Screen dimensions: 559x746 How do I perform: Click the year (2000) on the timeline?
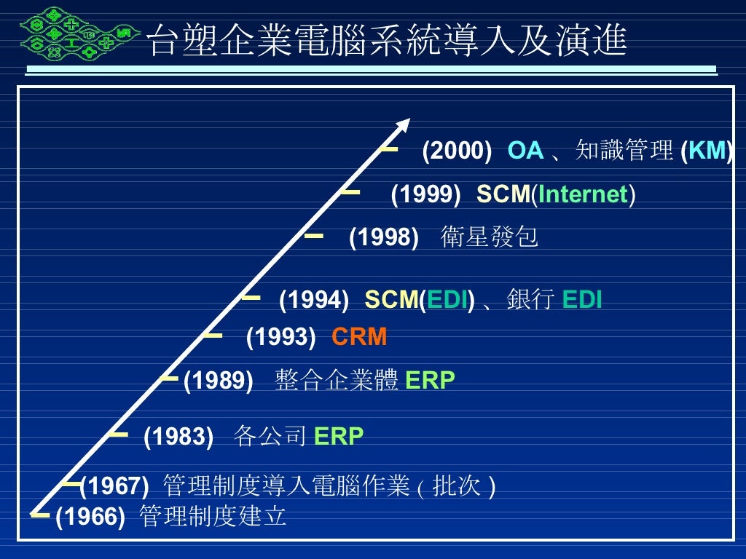457,151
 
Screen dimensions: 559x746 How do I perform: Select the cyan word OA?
525,151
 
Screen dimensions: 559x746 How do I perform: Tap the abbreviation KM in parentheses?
706,151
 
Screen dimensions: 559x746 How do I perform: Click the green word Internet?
583,194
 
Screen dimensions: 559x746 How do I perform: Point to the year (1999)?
425,194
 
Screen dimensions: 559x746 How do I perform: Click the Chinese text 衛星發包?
489,237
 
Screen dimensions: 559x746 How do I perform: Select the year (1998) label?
384,237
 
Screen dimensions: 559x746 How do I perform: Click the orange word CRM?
359,338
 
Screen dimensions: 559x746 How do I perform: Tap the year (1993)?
281,338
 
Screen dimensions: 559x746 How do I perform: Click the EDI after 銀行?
582,300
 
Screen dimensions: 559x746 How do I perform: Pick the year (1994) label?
314,300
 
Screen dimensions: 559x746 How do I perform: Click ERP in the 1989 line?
430,380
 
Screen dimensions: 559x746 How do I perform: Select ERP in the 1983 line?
338,436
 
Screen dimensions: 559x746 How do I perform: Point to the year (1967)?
114,485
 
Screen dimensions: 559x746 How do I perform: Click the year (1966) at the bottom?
90,517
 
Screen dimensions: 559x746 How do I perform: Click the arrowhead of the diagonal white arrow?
403,126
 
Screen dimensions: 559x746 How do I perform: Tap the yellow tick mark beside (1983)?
118,435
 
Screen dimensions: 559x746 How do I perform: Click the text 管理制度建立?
212,517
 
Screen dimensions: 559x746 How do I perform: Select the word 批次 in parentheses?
457,485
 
